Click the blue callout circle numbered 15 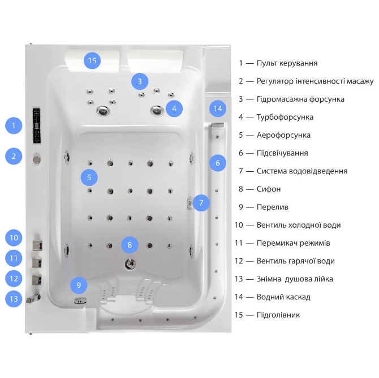(x=92, y=60)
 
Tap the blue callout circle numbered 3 (x=140, y=81)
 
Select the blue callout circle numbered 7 (x=201, y=202)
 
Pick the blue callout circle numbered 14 (x=217, y=108)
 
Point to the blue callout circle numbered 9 (x=79, y=285)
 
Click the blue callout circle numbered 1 (x=14, y=125)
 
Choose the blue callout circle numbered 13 (x=14, y=298)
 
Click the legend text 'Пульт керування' (x=287, y=63)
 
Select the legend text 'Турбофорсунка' (x=285, y=117)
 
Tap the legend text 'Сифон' (x=269, y=189)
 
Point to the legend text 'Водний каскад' (x=283, y=297)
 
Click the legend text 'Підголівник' (x=278, y=315)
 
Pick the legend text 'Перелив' (x=272, y=207)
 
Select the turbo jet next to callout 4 (x=157, y=110)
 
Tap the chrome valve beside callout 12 (x=38, y=279)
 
